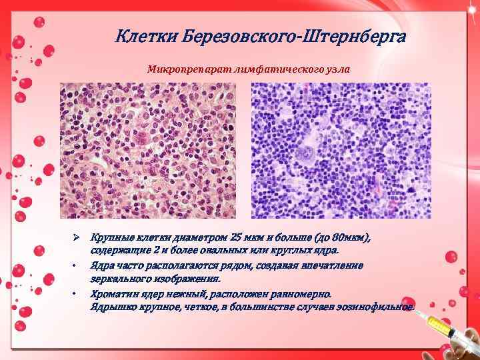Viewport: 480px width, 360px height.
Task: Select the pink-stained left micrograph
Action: point(147,151)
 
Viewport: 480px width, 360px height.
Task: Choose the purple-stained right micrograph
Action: point(341,151)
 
